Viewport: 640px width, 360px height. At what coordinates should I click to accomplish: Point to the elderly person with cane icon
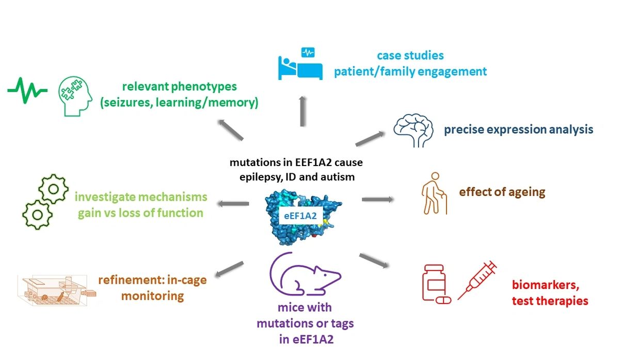click(433, 193)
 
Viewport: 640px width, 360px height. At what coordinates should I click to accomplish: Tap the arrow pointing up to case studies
click(302, 111)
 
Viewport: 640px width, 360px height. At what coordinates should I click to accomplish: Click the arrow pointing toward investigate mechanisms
click(233, 204)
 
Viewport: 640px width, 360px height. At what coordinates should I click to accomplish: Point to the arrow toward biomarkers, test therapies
click(374, 260)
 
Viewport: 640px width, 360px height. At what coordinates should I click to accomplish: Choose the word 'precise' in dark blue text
click(462, 129)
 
